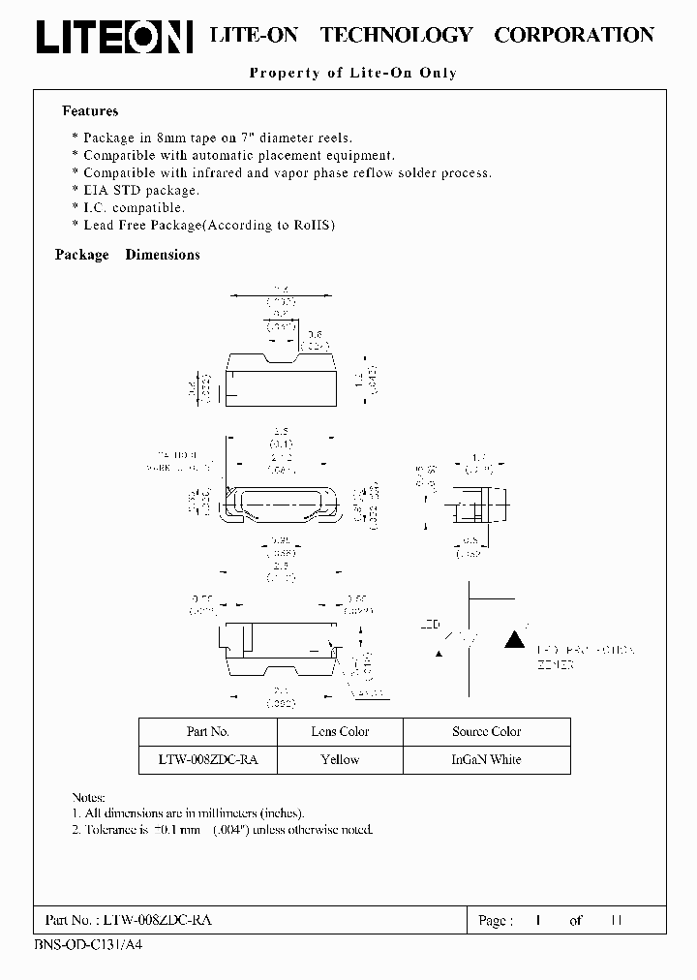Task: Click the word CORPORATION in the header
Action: tap(573, 35)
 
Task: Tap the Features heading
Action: tap(90, 111)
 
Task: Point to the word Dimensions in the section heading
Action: tap(163, 255)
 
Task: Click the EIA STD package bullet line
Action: tap(136, 191)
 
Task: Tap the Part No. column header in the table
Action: tap(207, 732)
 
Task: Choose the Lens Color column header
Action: tap(340, 732)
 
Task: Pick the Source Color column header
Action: tap(486, 732)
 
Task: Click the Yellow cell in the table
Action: tap(340, 760)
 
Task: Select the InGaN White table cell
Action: tap(486, 760)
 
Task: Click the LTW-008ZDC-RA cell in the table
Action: tap(207, 760)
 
